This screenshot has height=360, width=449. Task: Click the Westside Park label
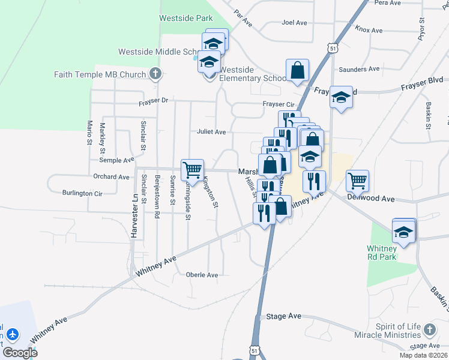[x=186, y=19]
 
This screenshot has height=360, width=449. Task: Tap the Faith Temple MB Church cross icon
[x=155, y=74]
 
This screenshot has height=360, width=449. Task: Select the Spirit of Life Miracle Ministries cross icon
[x=429, y=329]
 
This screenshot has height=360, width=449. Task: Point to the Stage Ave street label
[x=284, y=316]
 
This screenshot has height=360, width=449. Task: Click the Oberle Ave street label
[x=202, y=275]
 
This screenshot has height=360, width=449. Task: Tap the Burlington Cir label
[x=82, y=193]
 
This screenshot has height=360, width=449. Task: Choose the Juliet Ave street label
[x=211, y=132]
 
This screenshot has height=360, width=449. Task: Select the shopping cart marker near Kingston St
[x=192, y=170]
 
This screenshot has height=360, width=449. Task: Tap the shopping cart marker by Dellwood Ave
[x=357, y=179]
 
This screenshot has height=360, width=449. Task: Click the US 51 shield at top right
[x=332, y=47]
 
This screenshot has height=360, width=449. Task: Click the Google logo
[x=20, y=353]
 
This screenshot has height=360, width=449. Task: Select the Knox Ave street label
[x=369, y=29]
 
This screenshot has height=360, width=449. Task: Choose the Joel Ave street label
[x=294, y=23]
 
